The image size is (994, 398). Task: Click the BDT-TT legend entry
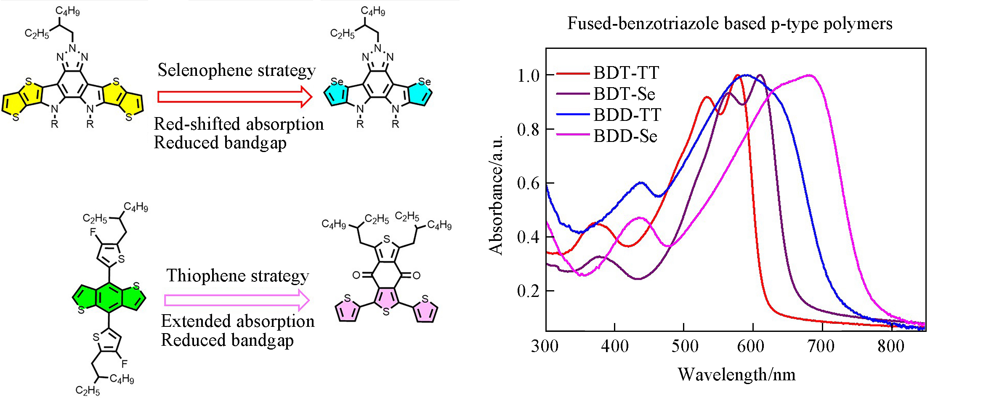pyautogui.click(x=626, y=73)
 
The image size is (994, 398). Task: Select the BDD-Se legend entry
pyautogui.click(x=625, y=136)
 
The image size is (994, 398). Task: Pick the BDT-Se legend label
pyautogui.click(x=624, y=94)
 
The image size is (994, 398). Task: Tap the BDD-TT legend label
pyautogui.click(x=627, y=115)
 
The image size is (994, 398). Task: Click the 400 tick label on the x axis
pyautogui.click(x=614, y=346)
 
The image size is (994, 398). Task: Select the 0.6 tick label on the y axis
pyautogui.click(x=529, y=183)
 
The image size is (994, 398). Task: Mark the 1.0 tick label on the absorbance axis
pyautogui.click(x=529, y=76)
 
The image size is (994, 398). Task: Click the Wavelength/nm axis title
pyautogui.click(x=736, y=374)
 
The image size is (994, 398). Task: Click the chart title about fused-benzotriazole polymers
pyautogui.click(x=730, y=23)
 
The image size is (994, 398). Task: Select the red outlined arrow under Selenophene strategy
pyautogui.click(x=234, y=97)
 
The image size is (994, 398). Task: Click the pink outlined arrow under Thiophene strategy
pyautogui.click(x=237, y=300)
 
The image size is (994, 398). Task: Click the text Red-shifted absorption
pyautogui.click(x=239, y=124)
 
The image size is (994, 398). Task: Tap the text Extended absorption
pyautogui.click(x=238, y=321)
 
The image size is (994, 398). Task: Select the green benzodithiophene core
pyautogui.click(x=109, y=297)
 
